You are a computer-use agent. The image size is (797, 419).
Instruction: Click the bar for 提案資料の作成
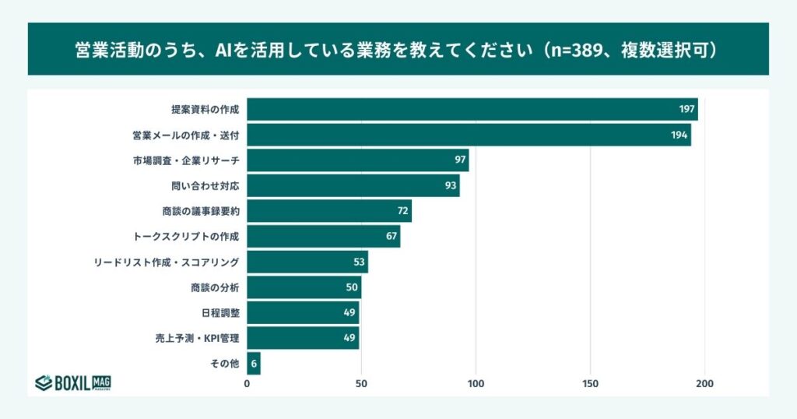pyautogui.click(x=472, y=110)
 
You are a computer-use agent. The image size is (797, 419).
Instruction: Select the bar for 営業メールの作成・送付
pyautogui.click(x=469, y=135)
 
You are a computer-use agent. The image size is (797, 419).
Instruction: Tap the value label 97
pyautogui.click(x=460, y=160)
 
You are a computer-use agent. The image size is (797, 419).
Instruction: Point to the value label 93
pyautogui.click(x=451, y=186)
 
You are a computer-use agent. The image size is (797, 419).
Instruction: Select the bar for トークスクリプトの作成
pyautogui.click(x=323, y=237)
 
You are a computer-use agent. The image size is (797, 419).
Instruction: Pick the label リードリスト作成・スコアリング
pyautogui.click(x=166, y=262)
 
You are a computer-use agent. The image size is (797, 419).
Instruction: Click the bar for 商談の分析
pyautogui.click(x=304, y=287)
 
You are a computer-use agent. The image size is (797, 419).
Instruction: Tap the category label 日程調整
pyautogui.click(x=219, y=312)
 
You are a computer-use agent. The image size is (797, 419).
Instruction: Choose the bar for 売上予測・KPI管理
pyautogui.click(x=303, y=338)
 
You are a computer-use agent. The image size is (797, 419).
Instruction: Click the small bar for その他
pyautogui.click(x=254, y=364)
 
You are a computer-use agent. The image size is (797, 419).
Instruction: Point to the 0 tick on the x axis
pyautogui.click(x=248, y=384)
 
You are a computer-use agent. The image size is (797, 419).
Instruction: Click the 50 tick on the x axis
pyautogui.click(x=361, y=384)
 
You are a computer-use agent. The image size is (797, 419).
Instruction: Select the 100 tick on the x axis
pyautogui.click(x=476, y=384)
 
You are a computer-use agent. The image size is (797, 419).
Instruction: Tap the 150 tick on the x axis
pyautogui.click(x=590, y=384)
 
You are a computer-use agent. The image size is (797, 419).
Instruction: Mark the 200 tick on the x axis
pyautogui.click(x=704, y=384)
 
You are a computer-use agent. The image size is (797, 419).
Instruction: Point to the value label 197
pyautogui.click(x=686, y=110)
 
